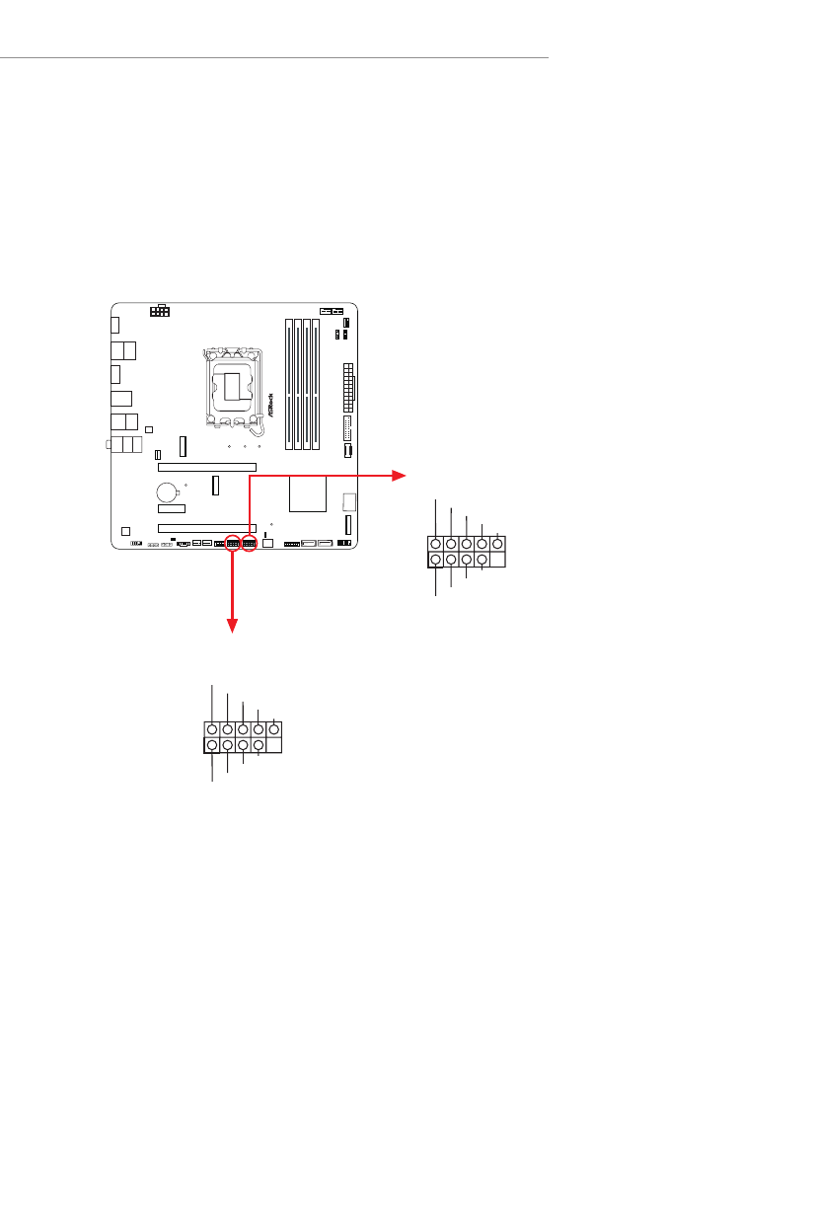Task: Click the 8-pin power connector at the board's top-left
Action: click(159, 311)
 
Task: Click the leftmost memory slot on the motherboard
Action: click(289, 383)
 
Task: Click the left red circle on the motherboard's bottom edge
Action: click(233, 544)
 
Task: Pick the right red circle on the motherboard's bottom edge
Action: click(249, 544)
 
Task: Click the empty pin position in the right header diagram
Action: click(497, 560)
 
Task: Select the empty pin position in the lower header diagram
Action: click(273, 745)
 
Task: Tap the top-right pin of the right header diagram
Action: click(497, 543)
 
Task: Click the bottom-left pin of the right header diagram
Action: click(435, 560)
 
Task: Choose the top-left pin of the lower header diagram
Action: click(212, 729)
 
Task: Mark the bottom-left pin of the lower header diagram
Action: click(212, 745)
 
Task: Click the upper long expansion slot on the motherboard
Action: click(207, 467)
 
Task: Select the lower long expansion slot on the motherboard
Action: click(207, 527)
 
